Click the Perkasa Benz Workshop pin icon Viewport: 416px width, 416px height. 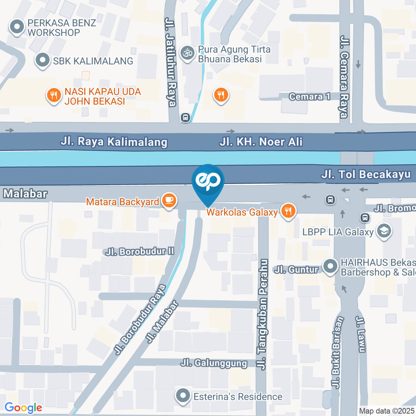click(x=17, y=27)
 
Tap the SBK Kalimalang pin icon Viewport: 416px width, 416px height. click(x=42, y=61)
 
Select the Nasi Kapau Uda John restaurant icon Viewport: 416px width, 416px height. click(x=54, y=96)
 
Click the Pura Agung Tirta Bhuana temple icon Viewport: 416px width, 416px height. click(x=187, y=54)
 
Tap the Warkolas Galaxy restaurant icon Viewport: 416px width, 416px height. click(x=287, y=211)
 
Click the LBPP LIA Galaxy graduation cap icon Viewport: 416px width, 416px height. click(x=383, y=231)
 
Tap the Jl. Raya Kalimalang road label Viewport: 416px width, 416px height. click(x=114, y=142)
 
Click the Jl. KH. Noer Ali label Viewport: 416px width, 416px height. click(x=260, y=142)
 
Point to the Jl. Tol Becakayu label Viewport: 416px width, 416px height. click(x=366, y=175)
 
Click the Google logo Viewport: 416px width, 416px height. click(x=23, y=407)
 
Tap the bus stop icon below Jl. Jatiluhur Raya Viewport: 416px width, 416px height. click(x=185, y=117)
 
